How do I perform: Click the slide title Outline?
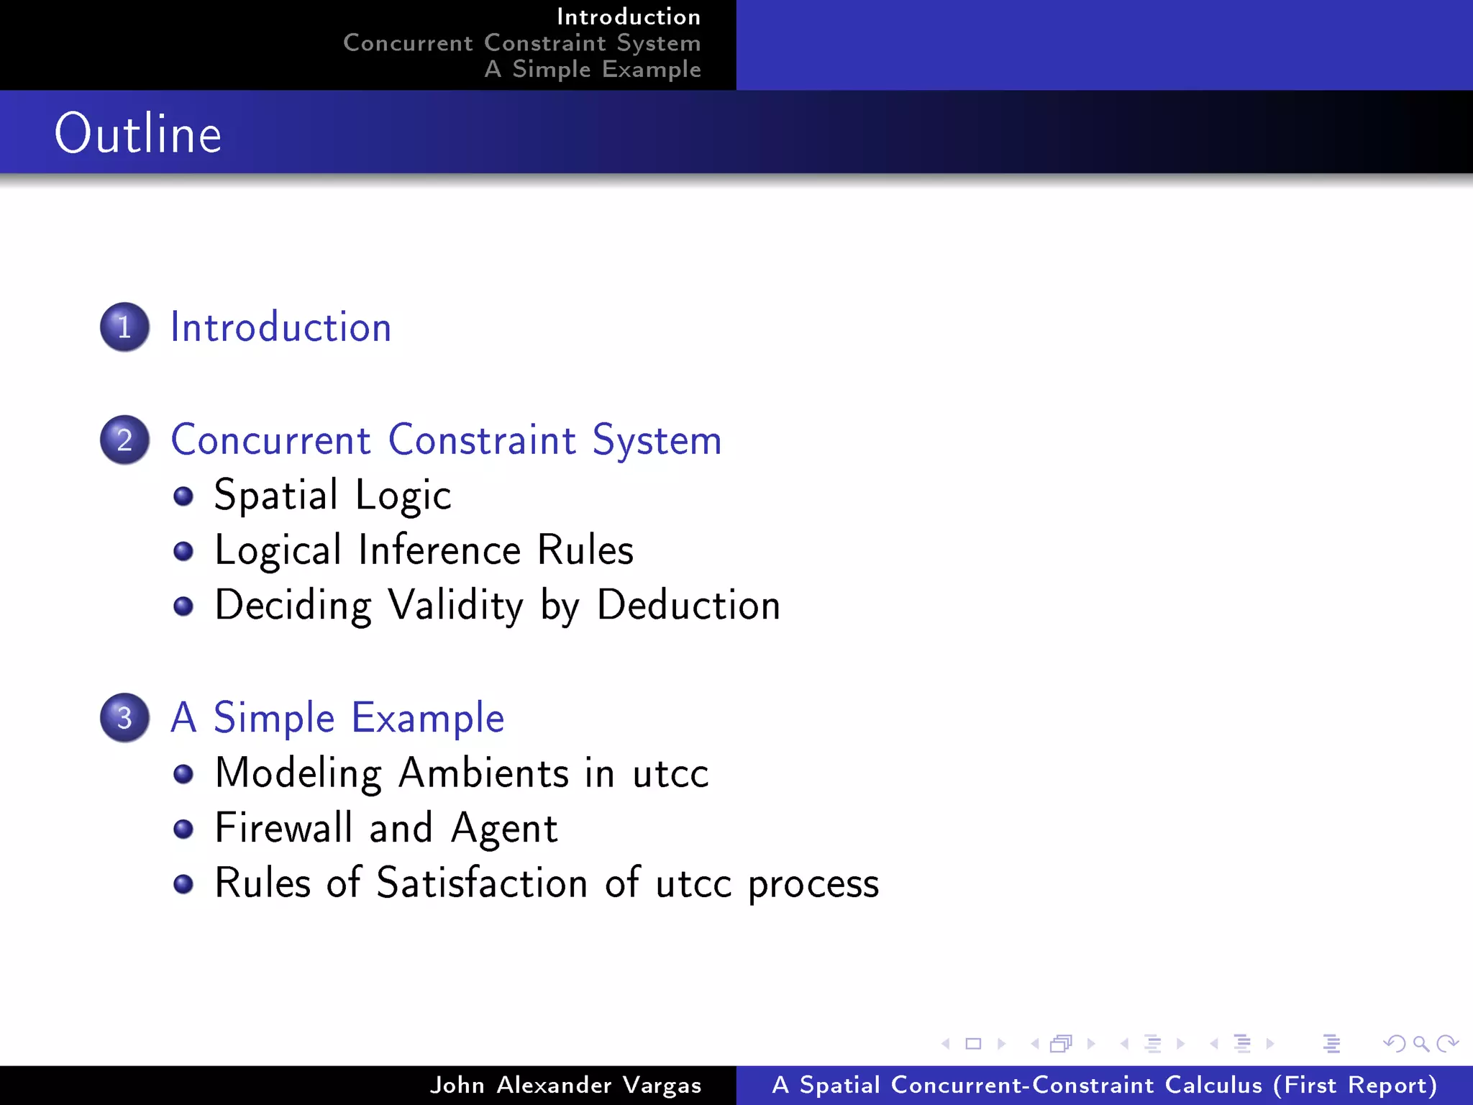138,134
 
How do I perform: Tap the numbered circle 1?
124,327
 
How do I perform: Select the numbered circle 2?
124,440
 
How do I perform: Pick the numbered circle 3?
124,718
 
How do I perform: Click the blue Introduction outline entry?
281,327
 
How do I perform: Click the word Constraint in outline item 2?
482,440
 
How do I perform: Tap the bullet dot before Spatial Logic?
183,496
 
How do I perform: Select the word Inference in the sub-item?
439,550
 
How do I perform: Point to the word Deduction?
688,605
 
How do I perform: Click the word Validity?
456,605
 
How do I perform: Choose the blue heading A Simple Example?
337,718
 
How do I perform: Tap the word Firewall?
283,828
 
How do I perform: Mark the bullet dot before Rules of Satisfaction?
183,883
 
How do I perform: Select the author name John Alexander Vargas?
565,1085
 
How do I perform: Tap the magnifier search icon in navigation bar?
1420,1043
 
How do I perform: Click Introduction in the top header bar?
628,17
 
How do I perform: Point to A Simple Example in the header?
593,69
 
